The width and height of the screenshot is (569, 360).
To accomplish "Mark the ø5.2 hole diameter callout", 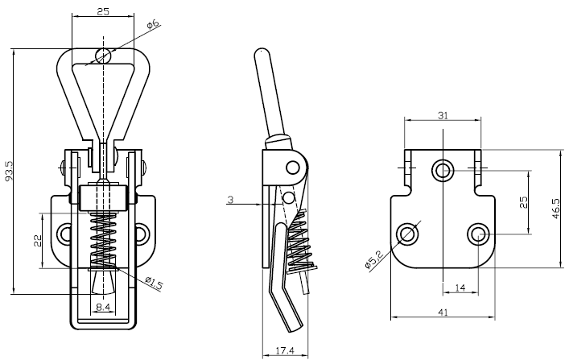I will [372, 259].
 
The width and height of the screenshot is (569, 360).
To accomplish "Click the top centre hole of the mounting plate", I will [442, 170].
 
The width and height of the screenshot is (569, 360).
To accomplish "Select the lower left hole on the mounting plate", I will [407, 234].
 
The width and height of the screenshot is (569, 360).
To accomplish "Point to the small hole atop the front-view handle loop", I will [102, 55].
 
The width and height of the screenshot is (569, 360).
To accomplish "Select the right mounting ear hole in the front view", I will [142, 234].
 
